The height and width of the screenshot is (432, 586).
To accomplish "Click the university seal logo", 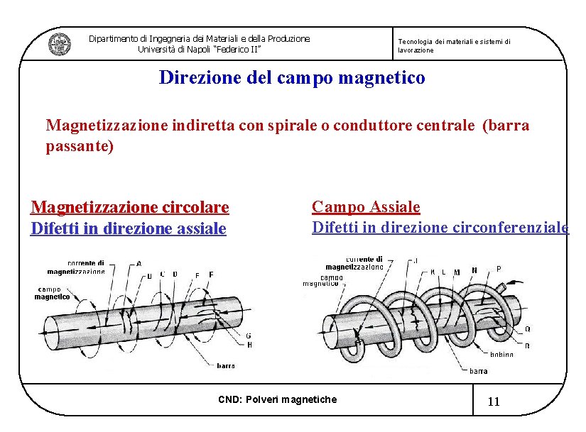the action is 59,44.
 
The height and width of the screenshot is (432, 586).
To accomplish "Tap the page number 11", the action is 494,401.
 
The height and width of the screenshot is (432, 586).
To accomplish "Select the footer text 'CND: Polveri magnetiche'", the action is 277,399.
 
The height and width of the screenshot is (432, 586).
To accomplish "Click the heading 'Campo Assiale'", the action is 366,207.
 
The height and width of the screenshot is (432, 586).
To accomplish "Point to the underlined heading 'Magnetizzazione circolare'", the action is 129,207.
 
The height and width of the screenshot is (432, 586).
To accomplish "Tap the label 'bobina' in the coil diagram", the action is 501,355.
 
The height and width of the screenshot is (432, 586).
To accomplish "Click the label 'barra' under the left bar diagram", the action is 226,366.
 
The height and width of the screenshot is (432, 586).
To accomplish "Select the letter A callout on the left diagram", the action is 139,263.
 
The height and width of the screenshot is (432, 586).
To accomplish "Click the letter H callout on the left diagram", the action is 249,345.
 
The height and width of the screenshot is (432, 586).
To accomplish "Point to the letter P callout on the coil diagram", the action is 498,269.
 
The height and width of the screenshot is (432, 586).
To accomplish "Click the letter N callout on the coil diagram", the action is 474,270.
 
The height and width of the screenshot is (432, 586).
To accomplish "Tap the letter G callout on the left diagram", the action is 249,336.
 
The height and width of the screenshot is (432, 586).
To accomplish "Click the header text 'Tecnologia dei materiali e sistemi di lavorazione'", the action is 453,46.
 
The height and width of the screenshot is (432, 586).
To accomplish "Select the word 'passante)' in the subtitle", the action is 80,146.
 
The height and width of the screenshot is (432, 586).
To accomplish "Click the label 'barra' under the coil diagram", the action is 478,371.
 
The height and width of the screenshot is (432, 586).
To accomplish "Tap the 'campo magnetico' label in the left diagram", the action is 53,293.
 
